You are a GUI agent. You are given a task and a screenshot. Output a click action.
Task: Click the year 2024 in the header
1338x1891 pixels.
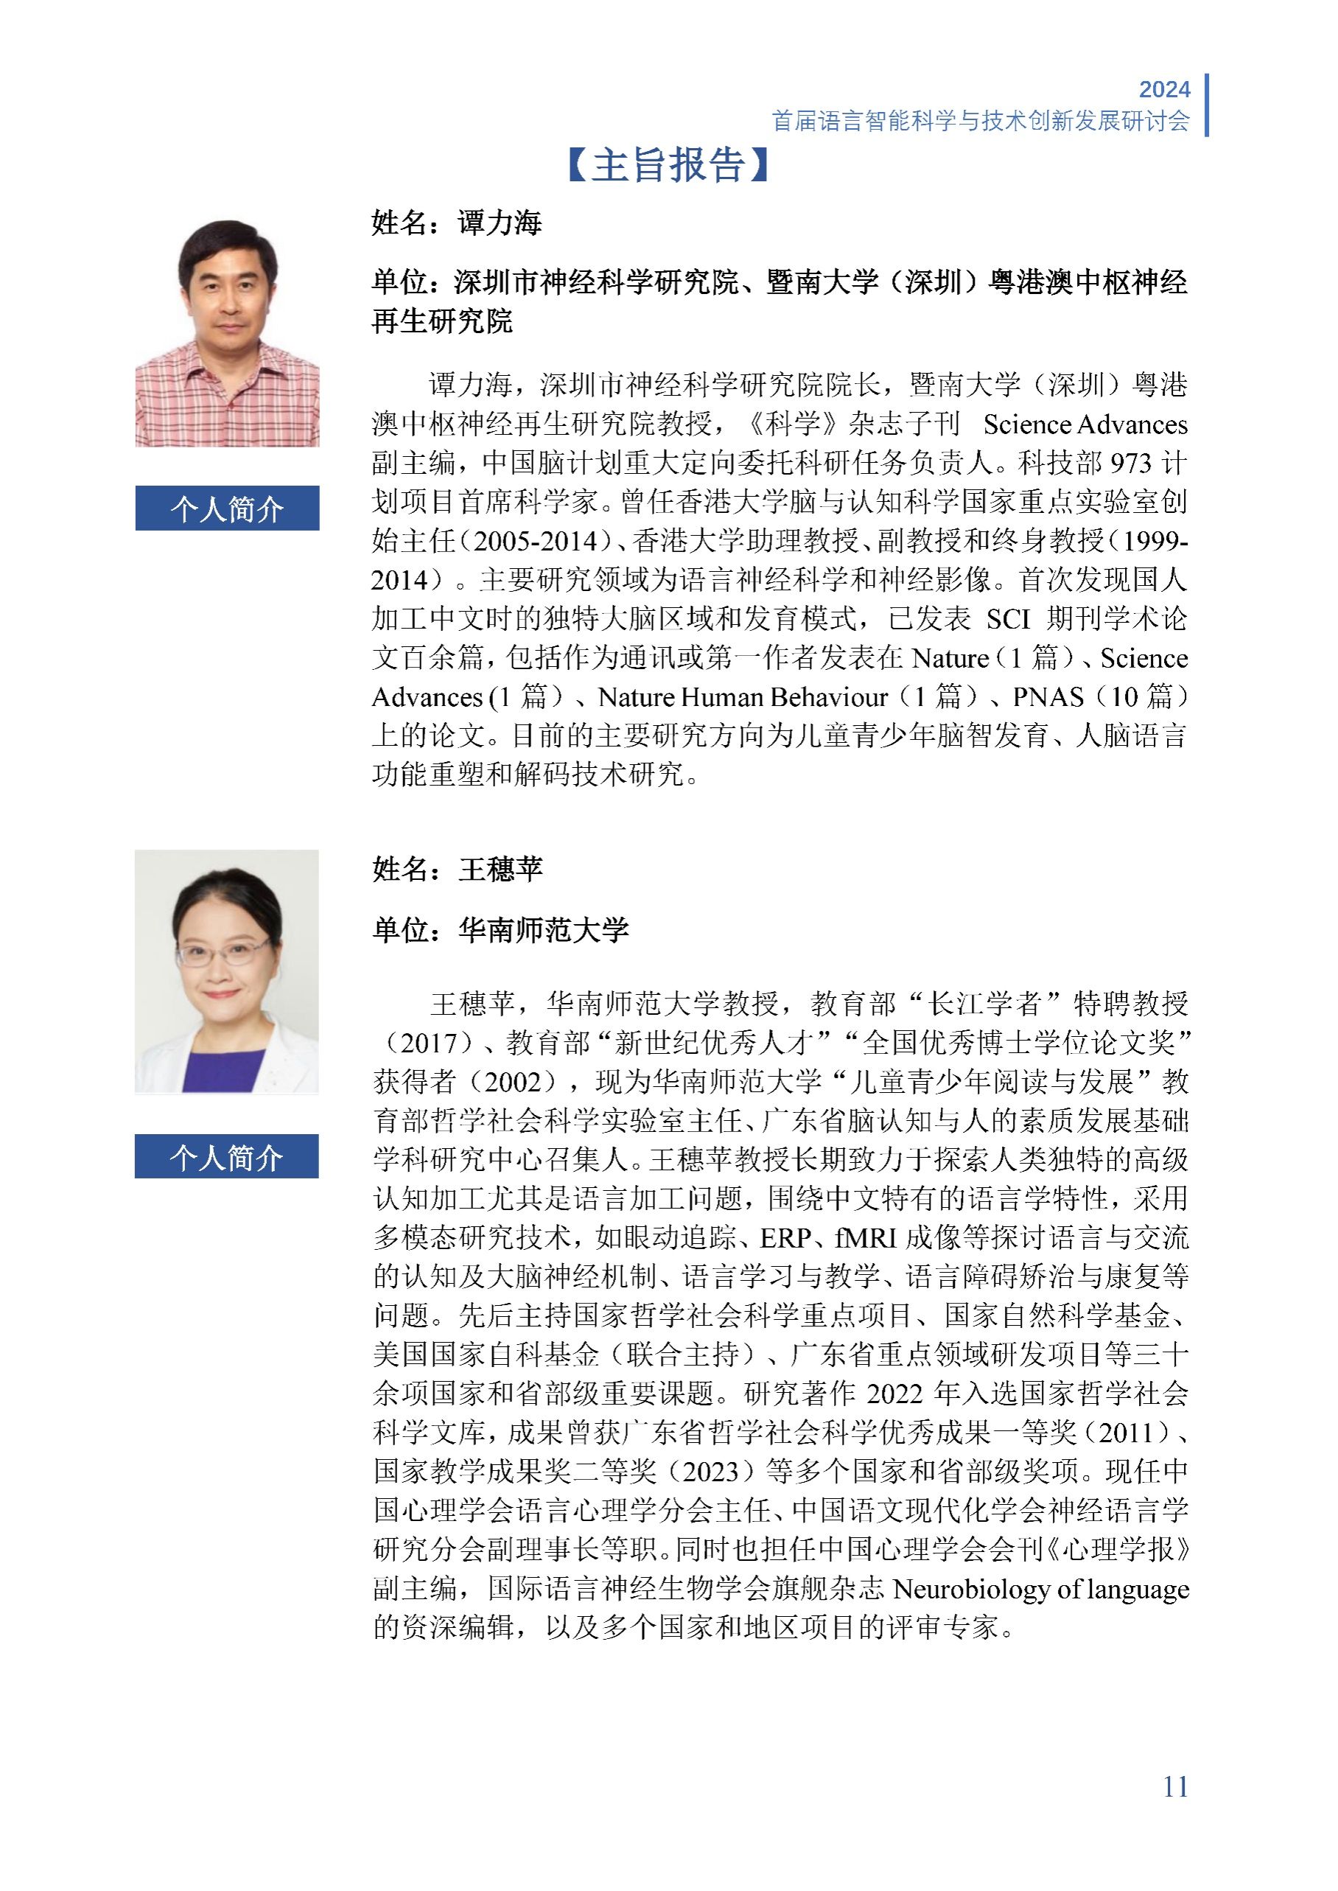1164,89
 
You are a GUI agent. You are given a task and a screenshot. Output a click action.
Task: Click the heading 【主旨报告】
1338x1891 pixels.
668,165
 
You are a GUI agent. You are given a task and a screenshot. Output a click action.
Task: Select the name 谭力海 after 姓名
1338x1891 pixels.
500,223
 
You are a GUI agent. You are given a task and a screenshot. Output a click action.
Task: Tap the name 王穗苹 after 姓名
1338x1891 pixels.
500,870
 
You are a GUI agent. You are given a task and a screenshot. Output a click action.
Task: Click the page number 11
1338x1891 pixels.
1175,1786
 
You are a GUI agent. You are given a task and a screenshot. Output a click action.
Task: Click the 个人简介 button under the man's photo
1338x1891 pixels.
227,508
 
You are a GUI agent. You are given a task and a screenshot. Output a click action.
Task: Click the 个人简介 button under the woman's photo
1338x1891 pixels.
227,1157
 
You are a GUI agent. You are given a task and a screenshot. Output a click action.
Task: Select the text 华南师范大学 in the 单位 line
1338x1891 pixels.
544,930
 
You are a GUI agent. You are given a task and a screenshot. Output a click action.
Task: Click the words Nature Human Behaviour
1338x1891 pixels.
743,698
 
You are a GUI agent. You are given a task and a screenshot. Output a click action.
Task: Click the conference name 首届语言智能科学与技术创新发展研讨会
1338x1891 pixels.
981,120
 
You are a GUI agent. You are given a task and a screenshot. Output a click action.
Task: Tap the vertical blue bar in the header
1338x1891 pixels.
1206,105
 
